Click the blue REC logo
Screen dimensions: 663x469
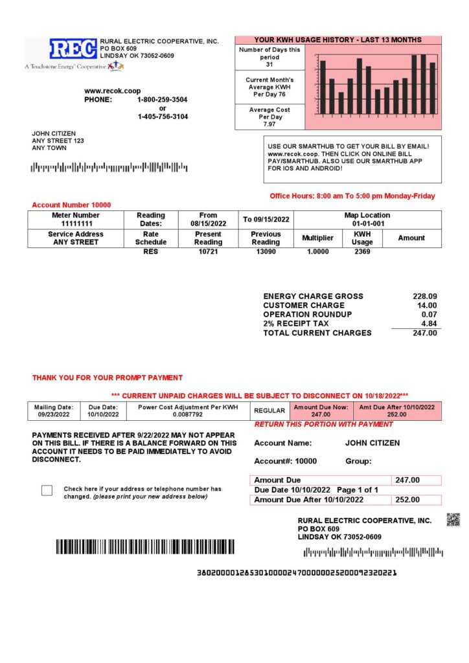click(73, 49)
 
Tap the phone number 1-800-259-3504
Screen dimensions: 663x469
click(163, 100)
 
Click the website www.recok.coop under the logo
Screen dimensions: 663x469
click(112, 91)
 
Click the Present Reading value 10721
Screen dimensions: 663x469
click(208, 251)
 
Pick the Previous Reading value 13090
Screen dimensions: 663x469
click(266, 251)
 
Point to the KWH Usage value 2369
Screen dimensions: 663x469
click(362, 251)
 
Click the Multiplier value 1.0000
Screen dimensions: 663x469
click(317, 251)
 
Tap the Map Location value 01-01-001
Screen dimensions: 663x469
click(367, 223)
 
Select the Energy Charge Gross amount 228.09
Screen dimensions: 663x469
click(425, 297)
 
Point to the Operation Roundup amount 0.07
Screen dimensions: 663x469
click(429, 315)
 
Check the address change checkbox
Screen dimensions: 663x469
click(47, 490)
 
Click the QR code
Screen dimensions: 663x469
click(453, 519)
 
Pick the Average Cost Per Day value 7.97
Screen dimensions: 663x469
click(269, 124)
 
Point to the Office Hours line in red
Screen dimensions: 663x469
click(352, 196)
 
